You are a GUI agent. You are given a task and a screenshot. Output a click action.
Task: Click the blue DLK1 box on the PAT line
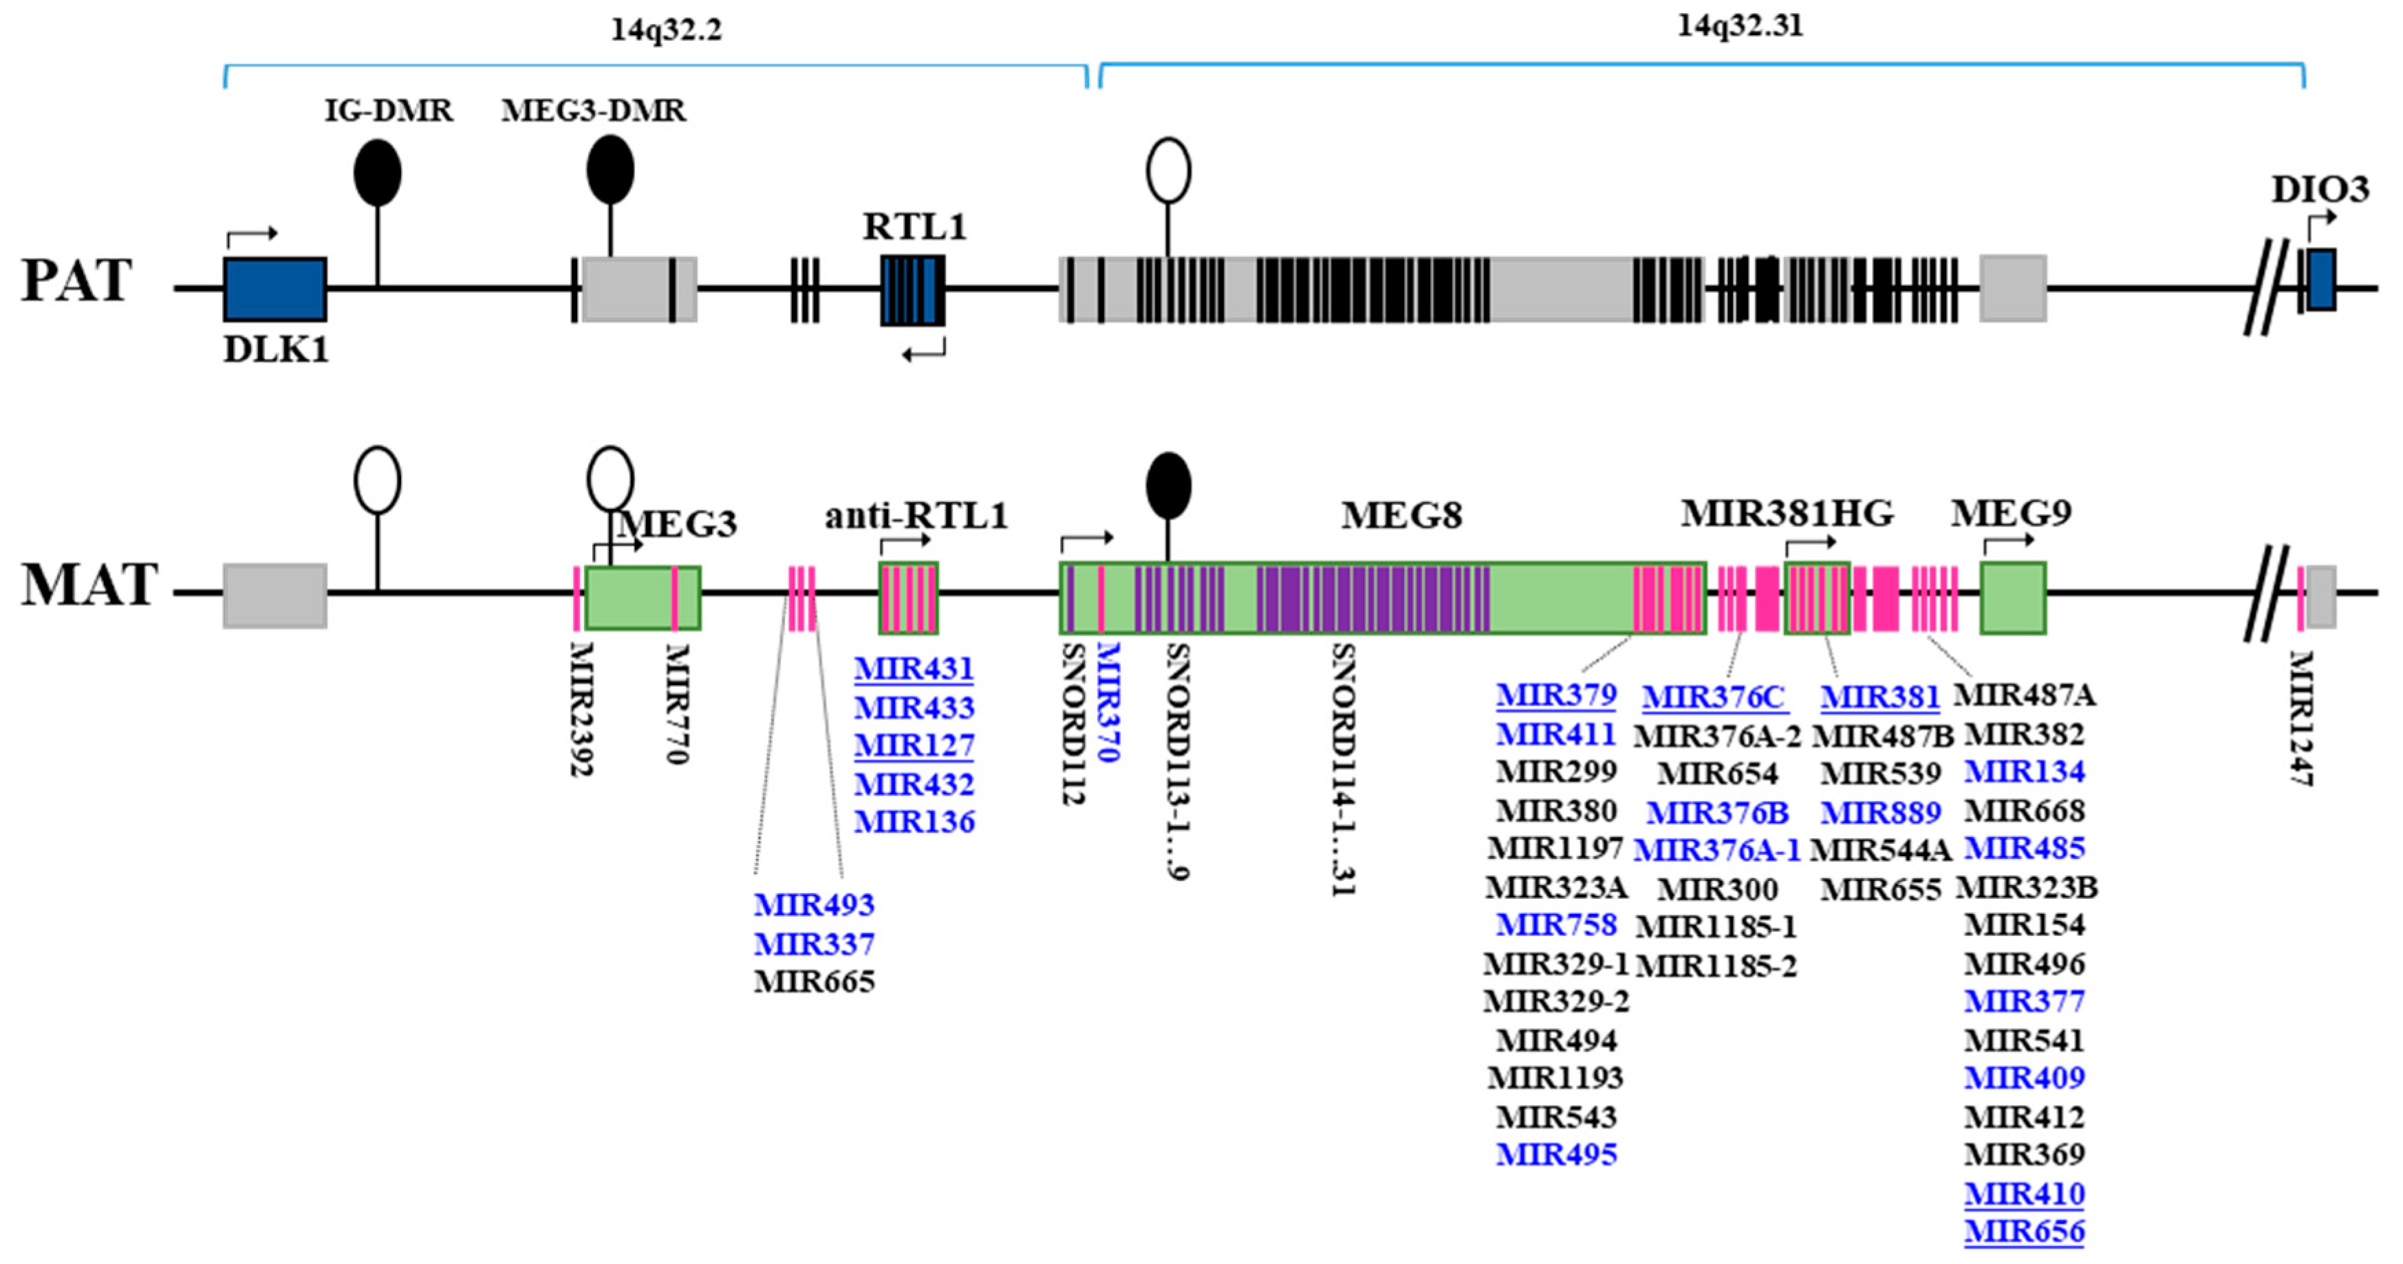(275, 290)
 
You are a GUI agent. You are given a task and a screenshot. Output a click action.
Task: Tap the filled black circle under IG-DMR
(378, 173)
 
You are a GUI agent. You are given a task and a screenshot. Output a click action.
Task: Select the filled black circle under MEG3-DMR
(610, 170)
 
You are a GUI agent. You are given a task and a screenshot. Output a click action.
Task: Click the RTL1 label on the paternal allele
(914, 227)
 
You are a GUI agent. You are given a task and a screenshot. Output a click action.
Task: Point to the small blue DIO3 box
(2322, 280)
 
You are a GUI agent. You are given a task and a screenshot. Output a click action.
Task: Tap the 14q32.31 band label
(1741, 25)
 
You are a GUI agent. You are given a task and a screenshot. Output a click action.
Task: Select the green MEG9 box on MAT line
(2013, 597)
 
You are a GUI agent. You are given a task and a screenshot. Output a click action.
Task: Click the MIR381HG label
(1787, 513)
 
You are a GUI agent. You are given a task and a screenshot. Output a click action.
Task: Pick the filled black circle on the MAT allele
(1168, 485)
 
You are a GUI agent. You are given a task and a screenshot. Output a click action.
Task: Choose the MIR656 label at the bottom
(2024, 1232)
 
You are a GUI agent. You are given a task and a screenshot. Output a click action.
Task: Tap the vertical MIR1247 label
(2301, 718)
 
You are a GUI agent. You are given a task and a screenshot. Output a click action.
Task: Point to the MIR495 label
(1556, 1155)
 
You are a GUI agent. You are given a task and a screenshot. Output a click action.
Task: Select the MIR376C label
(1714, 697)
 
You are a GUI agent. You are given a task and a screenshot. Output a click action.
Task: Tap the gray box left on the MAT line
(275, 595)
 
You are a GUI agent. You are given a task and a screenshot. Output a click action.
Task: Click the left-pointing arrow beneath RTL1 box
(923, 351)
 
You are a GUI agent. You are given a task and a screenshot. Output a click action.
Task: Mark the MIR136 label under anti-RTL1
(914, 822)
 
